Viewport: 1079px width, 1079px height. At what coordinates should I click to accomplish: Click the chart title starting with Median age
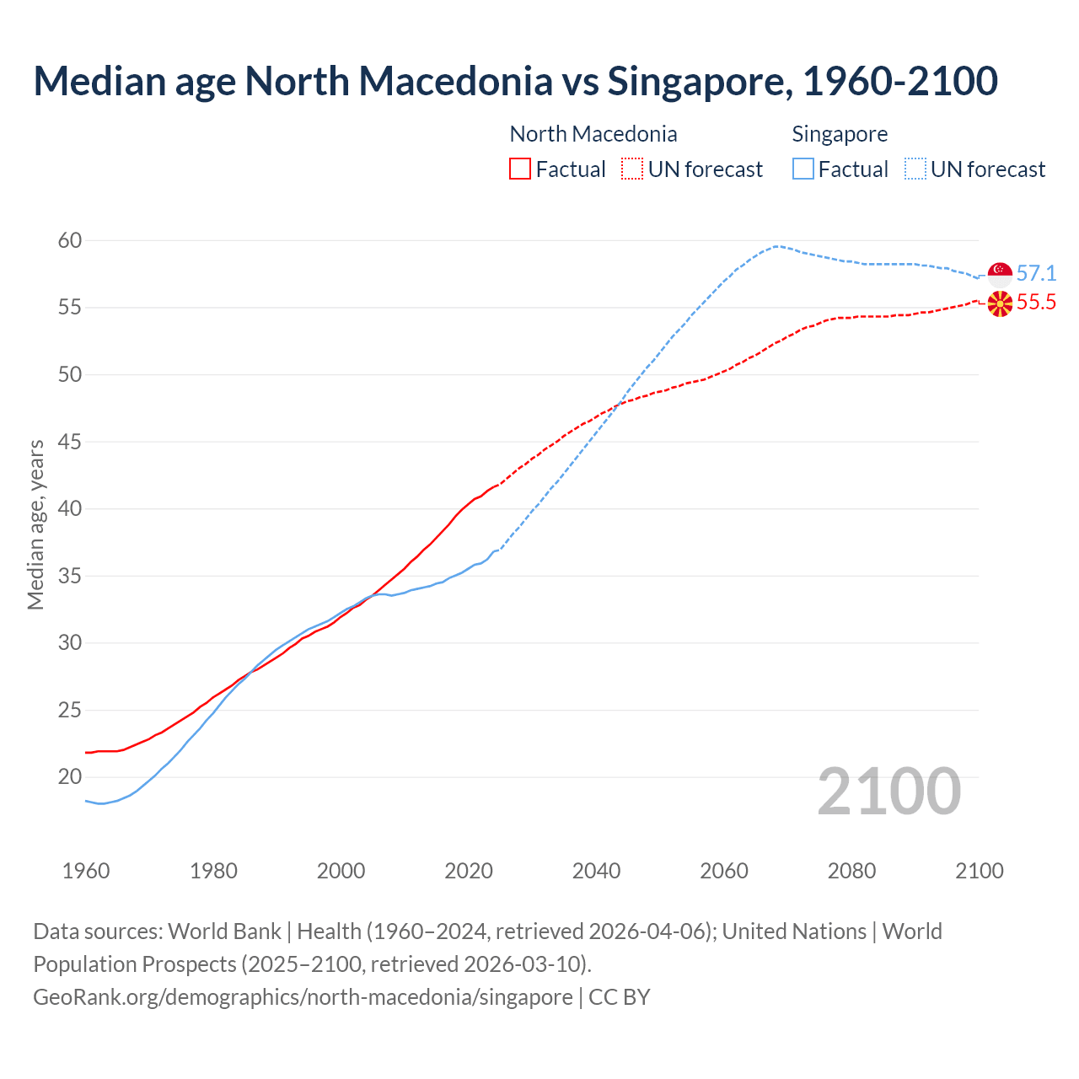click(515, 82)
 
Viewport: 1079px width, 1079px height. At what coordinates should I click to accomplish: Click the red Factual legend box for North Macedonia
click(520, 169)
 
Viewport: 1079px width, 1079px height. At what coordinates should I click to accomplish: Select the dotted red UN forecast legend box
click(632, 169)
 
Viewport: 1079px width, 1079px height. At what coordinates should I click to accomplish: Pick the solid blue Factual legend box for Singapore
click(803, 169)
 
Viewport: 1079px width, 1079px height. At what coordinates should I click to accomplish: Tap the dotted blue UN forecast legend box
click(915, 169)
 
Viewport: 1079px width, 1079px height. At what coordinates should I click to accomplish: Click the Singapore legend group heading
click(840, 134)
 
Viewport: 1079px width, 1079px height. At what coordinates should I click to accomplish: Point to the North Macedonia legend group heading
click(593, 134)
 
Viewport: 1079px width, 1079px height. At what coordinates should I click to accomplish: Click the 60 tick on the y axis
click(70, 241)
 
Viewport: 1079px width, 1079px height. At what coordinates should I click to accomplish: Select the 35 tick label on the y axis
click(70, 577)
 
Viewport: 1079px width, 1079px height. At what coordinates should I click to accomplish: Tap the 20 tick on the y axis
click(70, 777)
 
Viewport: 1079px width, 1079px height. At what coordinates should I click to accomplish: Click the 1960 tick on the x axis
click(86, 871)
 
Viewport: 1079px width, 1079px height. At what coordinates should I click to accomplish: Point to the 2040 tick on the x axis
click(596, 871)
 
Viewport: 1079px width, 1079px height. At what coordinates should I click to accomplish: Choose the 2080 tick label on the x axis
click(851, 871)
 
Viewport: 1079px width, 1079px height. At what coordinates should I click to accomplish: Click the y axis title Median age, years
click(35, 524)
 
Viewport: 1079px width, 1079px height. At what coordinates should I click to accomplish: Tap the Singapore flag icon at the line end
click(1000, 273)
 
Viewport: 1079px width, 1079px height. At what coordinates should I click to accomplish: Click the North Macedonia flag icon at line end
click(1000, 303)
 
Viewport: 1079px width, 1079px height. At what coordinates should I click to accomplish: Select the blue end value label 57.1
click(1036, 273)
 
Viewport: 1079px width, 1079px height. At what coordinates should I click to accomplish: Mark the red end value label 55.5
click(1036, 303)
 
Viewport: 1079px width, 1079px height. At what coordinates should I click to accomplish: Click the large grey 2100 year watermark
click(889, 792)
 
